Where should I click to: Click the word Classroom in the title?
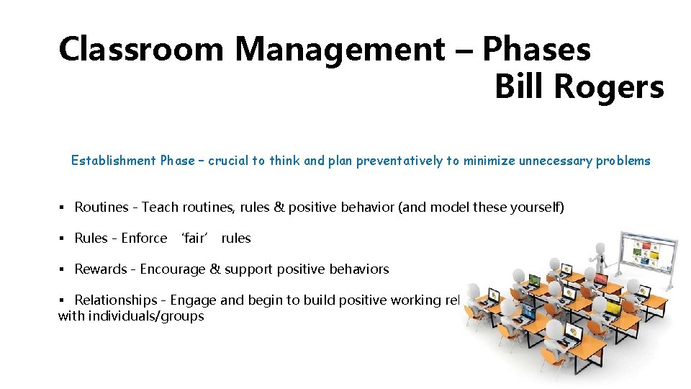141,50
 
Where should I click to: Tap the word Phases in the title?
537,50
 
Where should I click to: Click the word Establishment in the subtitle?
114,161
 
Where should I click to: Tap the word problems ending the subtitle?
623,161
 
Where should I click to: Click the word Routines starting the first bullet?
101,207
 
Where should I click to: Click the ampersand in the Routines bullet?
278,207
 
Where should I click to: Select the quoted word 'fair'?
194,238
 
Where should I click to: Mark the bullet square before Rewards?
63,269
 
